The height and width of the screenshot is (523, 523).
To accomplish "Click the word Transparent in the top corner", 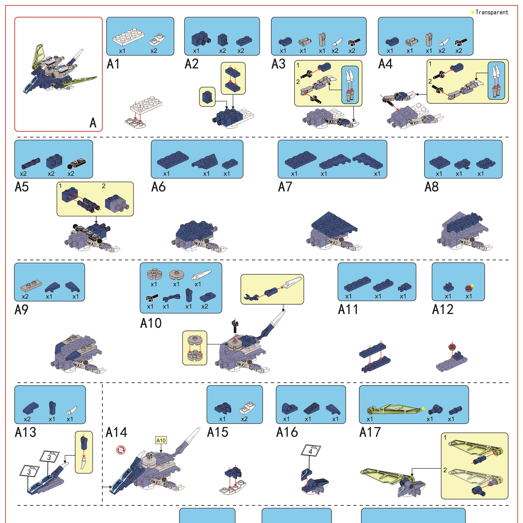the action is [x=492, y=12].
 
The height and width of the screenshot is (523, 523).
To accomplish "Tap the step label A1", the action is [x=113, y=64].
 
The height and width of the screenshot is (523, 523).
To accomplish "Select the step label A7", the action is [x=285, y=187].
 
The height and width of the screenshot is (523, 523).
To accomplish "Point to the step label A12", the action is [x=443, y=309].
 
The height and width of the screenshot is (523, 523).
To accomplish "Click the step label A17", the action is [x=370, y=432].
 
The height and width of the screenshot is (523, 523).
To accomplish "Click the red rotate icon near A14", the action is [x=121, y=450].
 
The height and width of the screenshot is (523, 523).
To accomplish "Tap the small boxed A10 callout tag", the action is [x=161, y=440].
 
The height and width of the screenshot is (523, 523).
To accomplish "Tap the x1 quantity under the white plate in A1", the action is [x=122, y=51].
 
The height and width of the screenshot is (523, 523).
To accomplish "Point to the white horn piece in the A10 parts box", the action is [x=202, y=275].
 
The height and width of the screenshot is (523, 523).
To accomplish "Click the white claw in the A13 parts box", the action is [x=71, y=410].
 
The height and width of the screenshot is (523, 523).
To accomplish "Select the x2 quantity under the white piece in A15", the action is [x=244, y=419].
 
